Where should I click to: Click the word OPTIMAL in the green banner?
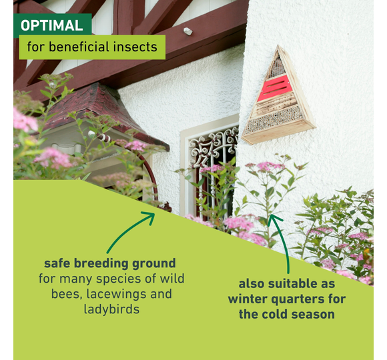tap(52, 25)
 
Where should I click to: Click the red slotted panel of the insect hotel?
tap(274, 88)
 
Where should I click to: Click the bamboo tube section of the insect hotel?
tap(275, 121)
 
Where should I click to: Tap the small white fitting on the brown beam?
tap(187, 31)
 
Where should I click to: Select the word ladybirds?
tap(111, 309)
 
